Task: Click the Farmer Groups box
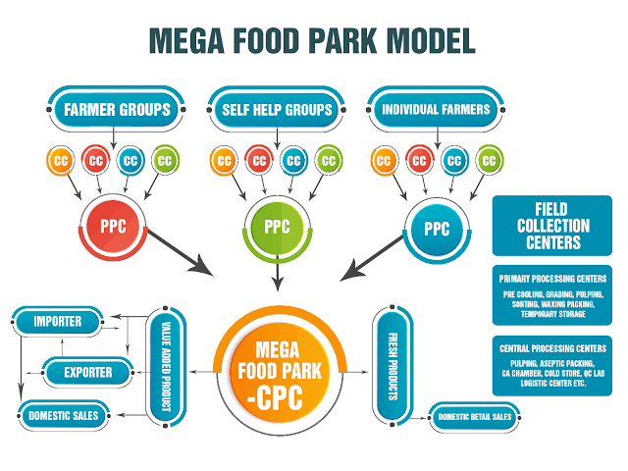tap(116, 109)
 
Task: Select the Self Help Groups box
tap(277, 109)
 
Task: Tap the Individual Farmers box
tap(436, 109)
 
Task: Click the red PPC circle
tap(114, 227)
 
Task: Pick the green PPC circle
tap(277, 228)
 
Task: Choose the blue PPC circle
tap(437, 230)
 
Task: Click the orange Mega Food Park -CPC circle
tap(280, 372)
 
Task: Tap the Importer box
tap(58, 321)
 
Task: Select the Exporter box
tap(88, 372)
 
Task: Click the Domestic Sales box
tap(64, 416)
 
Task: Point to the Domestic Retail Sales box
tap(475, 417)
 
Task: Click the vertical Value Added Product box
tap(166, 366)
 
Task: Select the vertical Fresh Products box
tap(392, 366)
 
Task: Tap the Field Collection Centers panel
tap(552, 226)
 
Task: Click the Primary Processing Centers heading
tap(552, 279)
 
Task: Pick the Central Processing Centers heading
tap(552, 348)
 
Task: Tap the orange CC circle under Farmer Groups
tap(61, 161)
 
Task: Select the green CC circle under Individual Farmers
tap(489, 161)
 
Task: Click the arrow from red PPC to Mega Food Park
tap(181, 253)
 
